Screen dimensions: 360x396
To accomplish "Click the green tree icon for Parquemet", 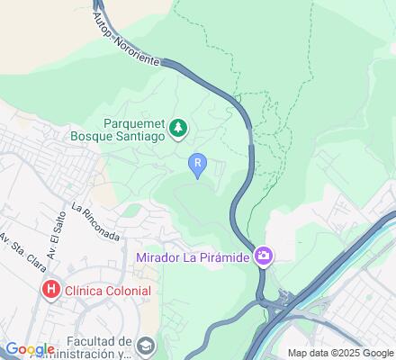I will (180, 128).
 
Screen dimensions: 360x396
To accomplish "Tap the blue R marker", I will (197, 162).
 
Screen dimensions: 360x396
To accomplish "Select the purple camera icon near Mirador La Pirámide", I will (264, 257).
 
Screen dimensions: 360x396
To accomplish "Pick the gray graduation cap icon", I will (146, 344).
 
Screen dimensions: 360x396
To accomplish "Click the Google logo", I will (30, 349).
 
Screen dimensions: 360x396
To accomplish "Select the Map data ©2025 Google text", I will (338, 353).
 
